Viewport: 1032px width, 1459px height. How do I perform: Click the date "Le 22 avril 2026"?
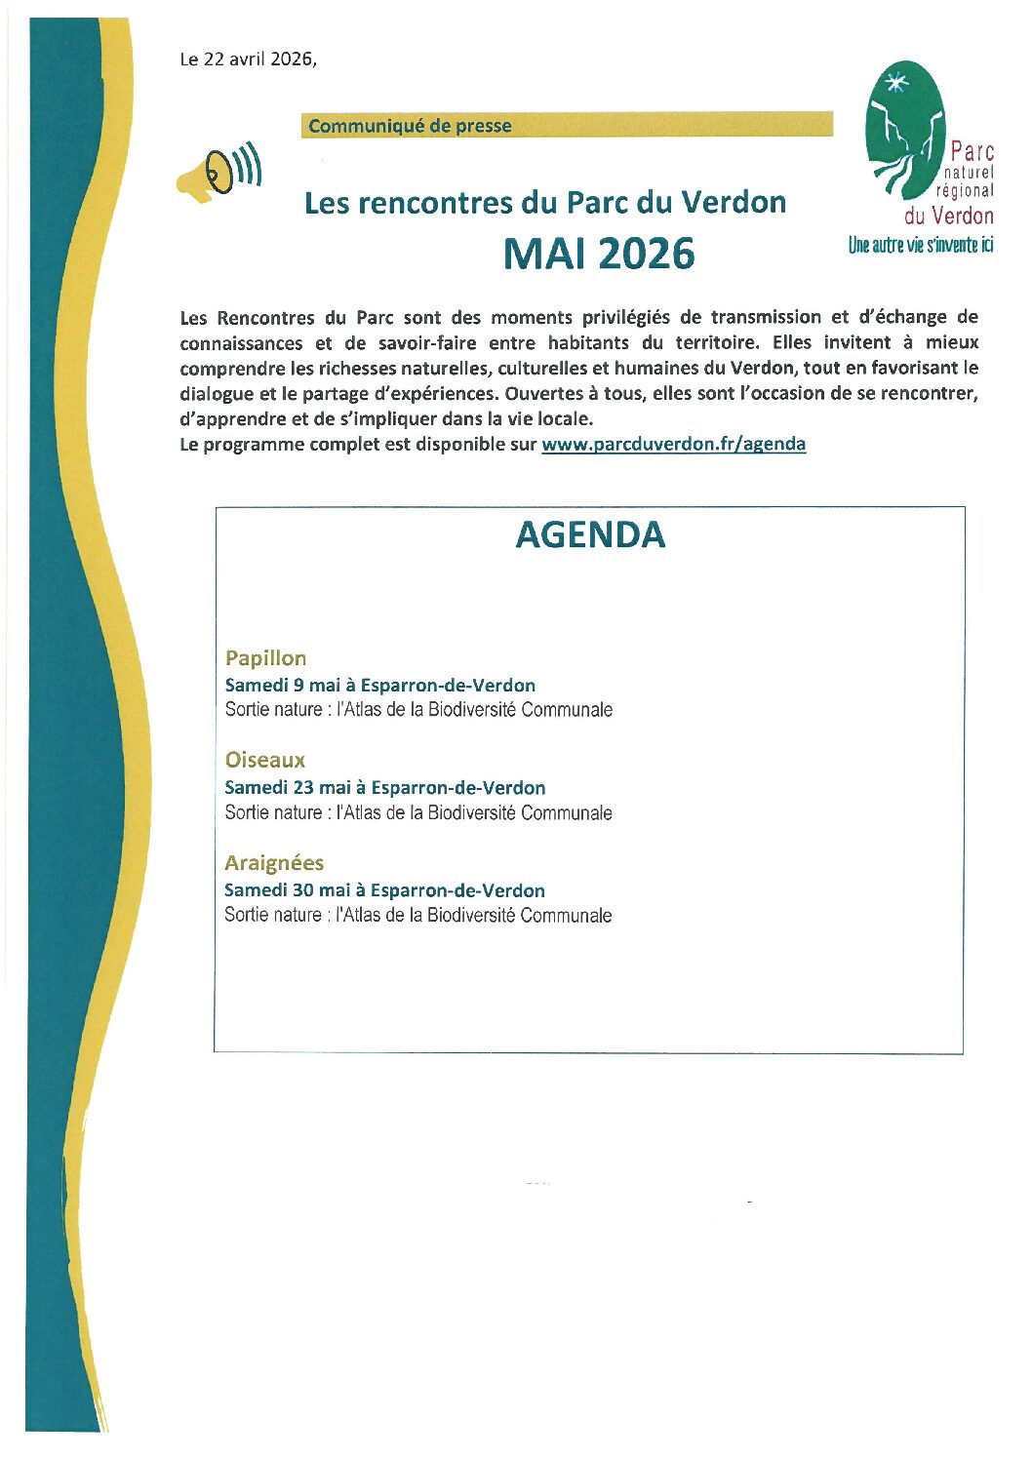pyautogui.click(x=248, y=59)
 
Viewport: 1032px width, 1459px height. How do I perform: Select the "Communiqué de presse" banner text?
pyautogui.click(x=410, y=126)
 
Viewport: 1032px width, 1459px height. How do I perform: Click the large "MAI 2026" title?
pyautogui.click(x=599, y=254)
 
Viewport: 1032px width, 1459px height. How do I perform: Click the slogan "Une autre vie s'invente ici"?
pyautogui.click(x=920, y=245)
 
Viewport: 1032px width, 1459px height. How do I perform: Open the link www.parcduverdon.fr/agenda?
pyautogui.click(x=673, y=444)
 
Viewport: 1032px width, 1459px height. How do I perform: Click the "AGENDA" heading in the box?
pyautogui.click(x=590, y=534)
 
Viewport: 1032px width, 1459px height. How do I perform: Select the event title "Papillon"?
pyautogui.click(x=265, y=658)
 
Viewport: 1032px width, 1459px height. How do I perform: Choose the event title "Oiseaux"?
pyautogui.click(x=264, y=760)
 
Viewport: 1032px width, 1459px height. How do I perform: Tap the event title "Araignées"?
pyautogui.click(x=274, y=863)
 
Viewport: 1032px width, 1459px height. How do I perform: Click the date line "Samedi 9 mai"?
pyautogui.click(x=379, y=686)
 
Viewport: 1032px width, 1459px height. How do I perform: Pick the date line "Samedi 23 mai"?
pyautogui.click(x=384, y=788)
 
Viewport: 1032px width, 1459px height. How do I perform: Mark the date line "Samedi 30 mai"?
pyautogui.click(x=384, y=890)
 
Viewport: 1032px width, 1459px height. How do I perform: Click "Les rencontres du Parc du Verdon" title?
pyautogui.click(x=545, y=203)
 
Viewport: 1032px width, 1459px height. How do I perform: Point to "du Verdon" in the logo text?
pyautogui.click(x=948, y=216)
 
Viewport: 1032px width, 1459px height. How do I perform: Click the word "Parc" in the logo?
pyautogui.click(x=972, y=151)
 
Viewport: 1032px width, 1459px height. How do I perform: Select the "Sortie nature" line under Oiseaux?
pyautogui.click(x=418, y=812)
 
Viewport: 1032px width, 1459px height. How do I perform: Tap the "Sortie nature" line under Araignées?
pyautogui.click(x=417, y=915)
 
